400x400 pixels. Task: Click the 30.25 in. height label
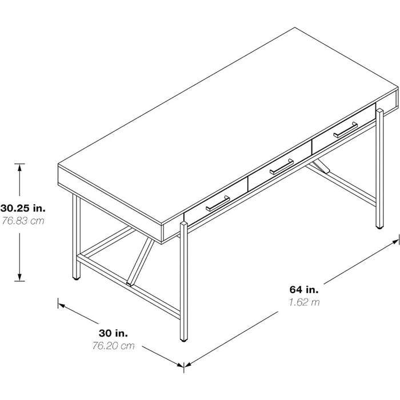coord(23,208)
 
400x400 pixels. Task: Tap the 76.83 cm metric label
coord(23,221)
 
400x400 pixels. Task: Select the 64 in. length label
coord(304,290)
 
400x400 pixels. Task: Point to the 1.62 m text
coord(304,302)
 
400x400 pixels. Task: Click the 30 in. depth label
coord(113,333)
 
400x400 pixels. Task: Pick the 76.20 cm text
coord(113,346)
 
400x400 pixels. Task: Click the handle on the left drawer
coord(218,203)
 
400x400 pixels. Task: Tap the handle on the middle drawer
coord(282,167)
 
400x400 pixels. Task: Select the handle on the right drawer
coord(345,130)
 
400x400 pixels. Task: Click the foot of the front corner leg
coord(183,340)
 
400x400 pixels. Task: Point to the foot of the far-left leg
coord(76,278)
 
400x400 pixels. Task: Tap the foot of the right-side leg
coord(379,227)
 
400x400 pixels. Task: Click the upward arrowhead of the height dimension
coord(19,167)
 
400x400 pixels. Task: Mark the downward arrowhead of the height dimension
coord(19,277)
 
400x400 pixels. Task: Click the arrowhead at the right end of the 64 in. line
coord(395,243)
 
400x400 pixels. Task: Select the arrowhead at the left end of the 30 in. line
coord(62,305)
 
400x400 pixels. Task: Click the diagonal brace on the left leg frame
coord(141,262)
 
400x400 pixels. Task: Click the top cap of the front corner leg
coord(183,224)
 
